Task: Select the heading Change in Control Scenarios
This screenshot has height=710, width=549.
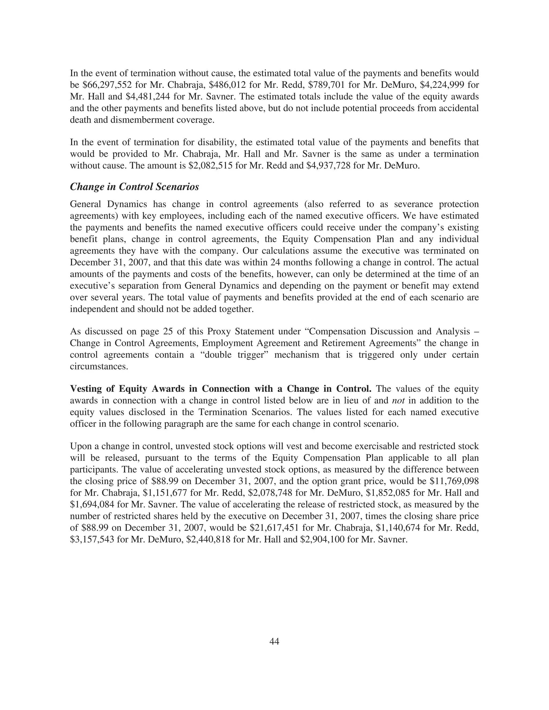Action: (x=134, y=187)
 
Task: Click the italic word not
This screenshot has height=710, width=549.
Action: (x=396, y=401)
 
